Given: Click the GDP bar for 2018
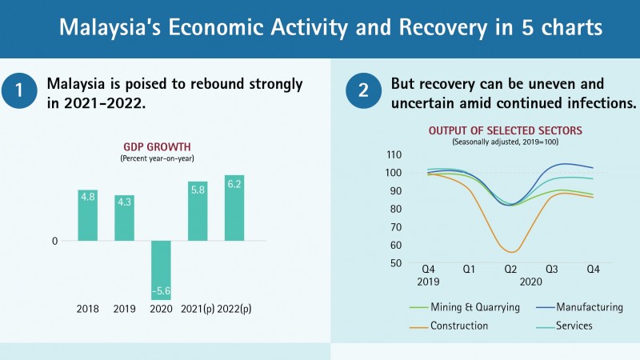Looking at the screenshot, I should (x=87, y=215).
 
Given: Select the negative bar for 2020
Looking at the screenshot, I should (x=161, y=270).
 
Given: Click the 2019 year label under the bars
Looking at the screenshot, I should (x=124, y=308).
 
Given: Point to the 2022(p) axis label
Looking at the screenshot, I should (x=234, y=308).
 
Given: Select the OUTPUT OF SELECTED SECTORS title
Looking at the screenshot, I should (x=504, y=131).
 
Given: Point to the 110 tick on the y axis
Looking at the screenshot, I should (x=393, y=154).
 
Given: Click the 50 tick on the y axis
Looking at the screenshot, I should (x=394, y=263).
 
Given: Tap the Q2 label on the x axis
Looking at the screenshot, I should (x=510, y=270).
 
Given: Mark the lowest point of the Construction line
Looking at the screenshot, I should (x=511, y=252).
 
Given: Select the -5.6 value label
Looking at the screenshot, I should (x=161, y=291).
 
